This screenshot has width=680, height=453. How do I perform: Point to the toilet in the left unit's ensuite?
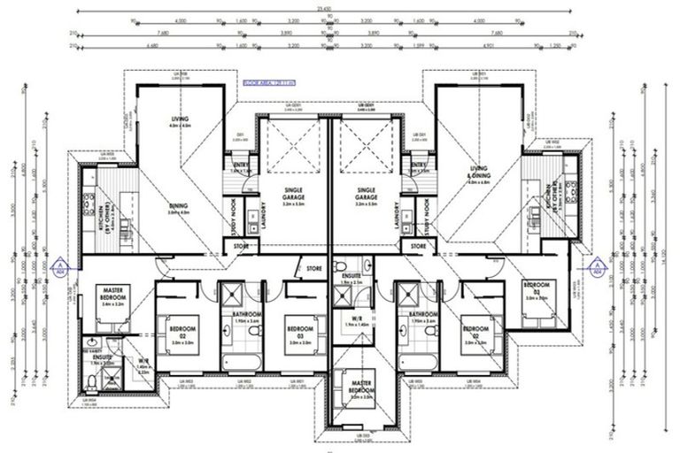(x=93, y=381)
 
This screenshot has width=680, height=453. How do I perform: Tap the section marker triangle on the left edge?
(x=58, y=265)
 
